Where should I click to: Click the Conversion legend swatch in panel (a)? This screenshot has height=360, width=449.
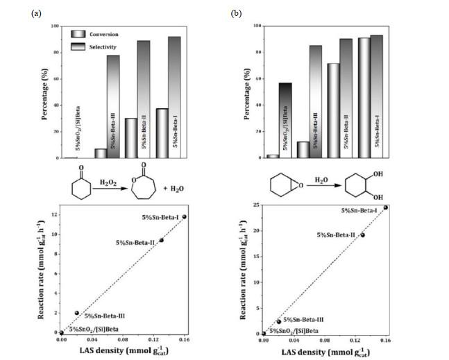click(x=78, y=33)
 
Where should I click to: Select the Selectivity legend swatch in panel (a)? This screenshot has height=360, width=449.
click(x=78, y=46)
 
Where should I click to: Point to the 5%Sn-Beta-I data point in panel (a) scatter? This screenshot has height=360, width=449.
click(x=184, y=216)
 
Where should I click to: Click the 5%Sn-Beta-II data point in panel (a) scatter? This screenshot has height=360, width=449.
click(x=162, y=240)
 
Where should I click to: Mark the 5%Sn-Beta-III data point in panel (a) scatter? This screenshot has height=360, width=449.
click(x=76, y=313)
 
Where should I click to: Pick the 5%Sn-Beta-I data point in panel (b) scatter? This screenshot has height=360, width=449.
click(x=386, y=207)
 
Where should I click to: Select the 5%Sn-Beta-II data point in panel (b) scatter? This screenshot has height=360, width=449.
click(x=362, y=234)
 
